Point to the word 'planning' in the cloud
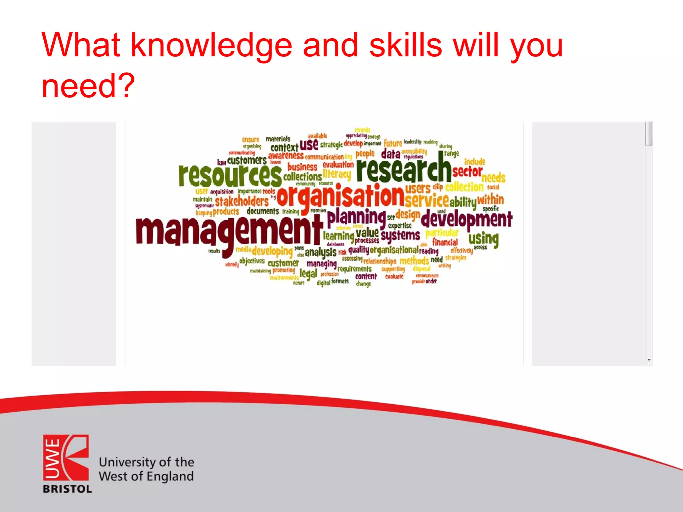[356, 217]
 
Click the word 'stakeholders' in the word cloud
[242, 201]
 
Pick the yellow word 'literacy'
[337, 174]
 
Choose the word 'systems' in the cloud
[400, 235]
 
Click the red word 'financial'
[445, 242]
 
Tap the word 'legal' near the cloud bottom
[308, 274]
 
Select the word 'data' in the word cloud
[391, 154]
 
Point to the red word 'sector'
[467, 172]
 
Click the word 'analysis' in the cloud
[320, 252]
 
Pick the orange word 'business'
[302, 167]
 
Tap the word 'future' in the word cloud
[393, 143]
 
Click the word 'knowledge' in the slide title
[211, 45]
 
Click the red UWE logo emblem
[66, 457]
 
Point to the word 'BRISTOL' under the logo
[67, 489]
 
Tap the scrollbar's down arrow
[649, 360]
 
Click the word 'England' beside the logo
[170, 476]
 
